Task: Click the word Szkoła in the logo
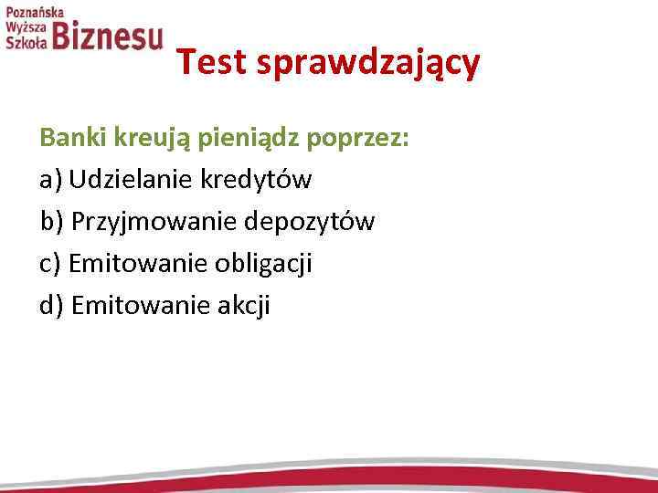26,44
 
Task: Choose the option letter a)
50,180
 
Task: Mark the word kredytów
254,180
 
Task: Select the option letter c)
49,265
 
